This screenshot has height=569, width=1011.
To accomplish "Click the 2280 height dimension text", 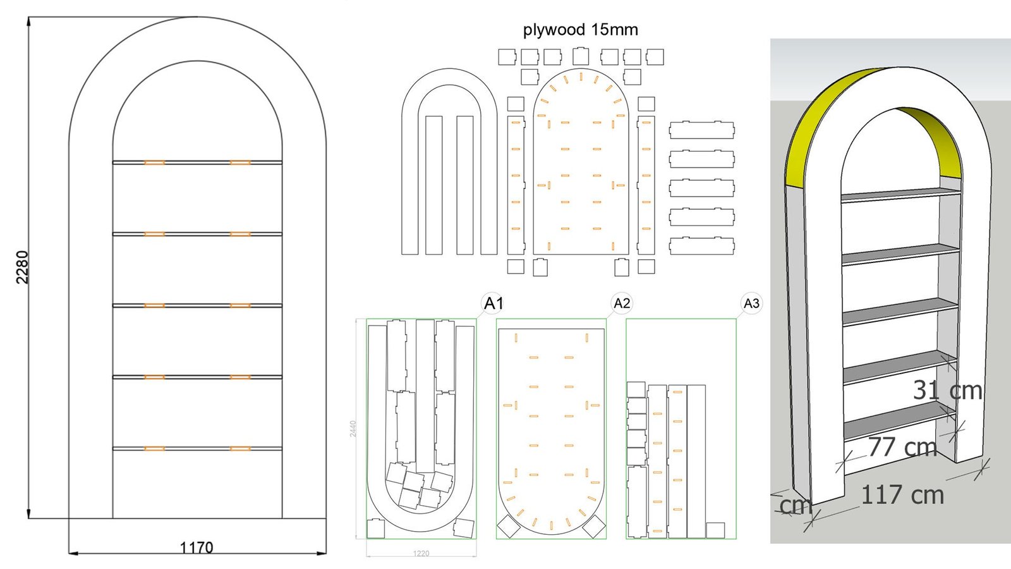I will tap(22, 267).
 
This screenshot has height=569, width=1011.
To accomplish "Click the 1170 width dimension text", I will tap(197, 548).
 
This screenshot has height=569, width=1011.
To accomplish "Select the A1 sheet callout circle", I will tap(493, 303).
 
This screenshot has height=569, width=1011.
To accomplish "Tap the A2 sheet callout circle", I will tap(622, 303).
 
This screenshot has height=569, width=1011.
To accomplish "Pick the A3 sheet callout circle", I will tap(751, 303).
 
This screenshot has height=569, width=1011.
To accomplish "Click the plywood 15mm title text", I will tap(580, 30).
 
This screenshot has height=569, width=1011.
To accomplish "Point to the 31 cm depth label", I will tap(947, 390).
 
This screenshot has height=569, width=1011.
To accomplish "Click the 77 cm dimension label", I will tap(902, 447).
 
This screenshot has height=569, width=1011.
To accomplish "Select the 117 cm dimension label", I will tap(902, 494).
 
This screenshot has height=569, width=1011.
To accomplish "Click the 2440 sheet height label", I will tap(353, 429).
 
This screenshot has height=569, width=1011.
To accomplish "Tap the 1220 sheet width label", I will tap(421, 553).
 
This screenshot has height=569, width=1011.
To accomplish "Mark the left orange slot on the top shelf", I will tap(154, 162).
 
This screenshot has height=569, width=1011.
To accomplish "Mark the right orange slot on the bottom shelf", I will tap(240, 448).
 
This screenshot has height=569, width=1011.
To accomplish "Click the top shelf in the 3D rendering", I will tap(900, 193).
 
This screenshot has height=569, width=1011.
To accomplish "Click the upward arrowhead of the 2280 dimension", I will tap(29, 21).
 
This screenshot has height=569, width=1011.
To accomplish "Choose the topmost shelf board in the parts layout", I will tap(701, 130).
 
